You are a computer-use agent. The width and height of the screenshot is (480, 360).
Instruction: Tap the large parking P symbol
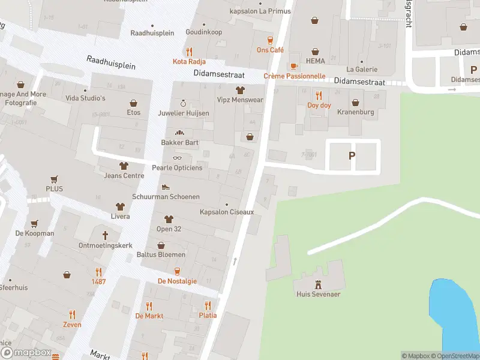tap(352, 155)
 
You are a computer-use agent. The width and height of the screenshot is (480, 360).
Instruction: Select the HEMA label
tap(315, 61)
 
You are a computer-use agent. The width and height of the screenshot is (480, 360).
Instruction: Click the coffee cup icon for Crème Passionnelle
tap(294, 66)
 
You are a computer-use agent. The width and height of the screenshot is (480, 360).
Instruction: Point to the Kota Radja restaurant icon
tap(189, 52)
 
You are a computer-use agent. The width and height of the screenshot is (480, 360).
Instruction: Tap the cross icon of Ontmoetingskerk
tap(105, 235)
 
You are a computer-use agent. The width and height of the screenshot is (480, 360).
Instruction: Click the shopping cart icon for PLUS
tap(54, 179)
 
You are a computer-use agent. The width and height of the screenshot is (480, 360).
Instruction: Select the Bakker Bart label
tap(179, 143)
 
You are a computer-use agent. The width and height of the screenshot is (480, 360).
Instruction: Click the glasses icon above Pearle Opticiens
tap(177, 158)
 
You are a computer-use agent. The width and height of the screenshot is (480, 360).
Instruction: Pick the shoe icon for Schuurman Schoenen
tap(166, 187)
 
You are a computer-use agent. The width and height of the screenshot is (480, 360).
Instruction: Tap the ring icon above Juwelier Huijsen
tap(184, 103)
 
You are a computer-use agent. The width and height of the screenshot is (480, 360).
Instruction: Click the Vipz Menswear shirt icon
tap(240, 91)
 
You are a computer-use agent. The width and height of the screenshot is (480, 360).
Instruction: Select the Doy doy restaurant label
tap(319, 106)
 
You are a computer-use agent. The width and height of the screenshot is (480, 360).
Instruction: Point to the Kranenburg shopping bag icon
tap(356, 103)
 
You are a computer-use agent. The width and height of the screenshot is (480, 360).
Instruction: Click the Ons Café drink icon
tap(270, 40)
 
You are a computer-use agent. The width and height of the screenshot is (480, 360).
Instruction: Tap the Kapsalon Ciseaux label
tap(227, 212)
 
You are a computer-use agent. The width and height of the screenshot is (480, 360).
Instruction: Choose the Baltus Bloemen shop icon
tap(161, 245)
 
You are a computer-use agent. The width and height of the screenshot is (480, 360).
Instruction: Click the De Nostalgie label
tap(177, 281)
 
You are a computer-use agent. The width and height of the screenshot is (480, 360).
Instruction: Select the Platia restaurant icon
tap(208, 305)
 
